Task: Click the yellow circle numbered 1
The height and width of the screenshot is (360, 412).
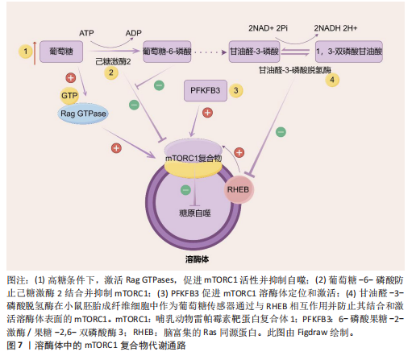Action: [x=26, y=51]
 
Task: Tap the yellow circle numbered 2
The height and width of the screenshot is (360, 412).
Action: [x=111, y=72]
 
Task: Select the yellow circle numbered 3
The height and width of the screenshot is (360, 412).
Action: [x=235, y=90]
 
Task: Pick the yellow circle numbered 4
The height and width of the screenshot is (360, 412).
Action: [x=332, y=80]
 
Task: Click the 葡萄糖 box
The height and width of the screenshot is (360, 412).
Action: [x=61, y=52]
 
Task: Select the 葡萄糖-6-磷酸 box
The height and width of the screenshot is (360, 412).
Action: [x=167, y=52]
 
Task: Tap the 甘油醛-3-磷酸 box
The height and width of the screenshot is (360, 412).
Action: [x=254, y=52]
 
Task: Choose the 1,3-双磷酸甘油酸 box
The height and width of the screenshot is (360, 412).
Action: [x=349, y=52]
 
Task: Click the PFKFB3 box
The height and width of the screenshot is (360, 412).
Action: [x=206, y=90]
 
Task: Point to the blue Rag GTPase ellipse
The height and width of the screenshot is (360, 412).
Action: [x=83, y=114]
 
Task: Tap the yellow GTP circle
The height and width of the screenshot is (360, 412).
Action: [x=69, y=96]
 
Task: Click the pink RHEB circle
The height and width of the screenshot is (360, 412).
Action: [x=239, y=189]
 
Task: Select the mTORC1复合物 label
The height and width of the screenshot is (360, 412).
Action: [x=194, y=159]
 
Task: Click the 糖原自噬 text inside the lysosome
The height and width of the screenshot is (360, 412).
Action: [x=195, y=213]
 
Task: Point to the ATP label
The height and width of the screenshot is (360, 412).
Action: [x=86, y=33]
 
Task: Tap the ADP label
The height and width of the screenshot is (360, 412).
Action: [x=134, y=33]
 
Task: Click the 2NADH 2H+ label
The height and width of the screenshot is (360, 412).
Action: [x=335, y=28]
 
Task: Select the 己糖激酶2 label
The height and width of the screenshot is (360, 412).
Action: [x=113, y=61]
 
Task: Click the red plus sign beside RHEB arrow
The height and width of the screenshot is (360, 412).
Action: [x=239, y=152]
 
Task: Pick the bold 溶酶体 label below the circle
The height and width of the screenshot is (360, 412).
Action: [x=197, y=259]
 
